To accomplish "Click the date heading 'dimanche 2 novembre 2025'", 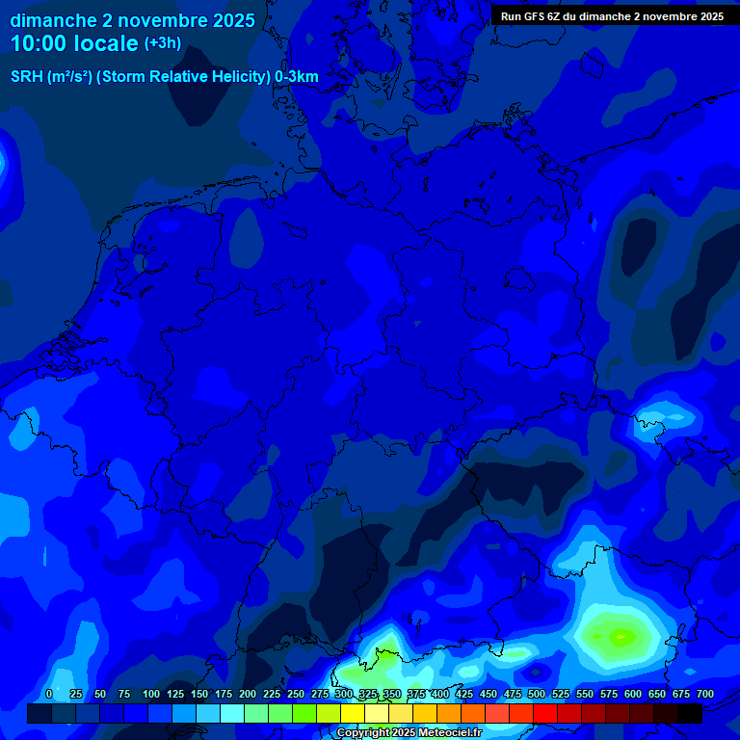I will (132, 20).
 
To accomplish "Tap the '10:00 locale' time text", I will (74, 43).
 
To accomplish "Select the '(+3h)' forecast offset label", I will (162, 43).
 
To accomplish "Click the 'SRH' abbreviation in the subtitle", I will (27, 77).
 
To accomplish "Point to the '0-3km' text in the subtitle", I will (296, 77).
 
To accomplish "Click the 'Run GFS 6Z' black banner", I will (612, 16).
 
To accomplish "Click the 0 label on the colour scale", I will (49, 695).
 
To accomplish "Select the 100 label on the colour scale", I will (151, 695).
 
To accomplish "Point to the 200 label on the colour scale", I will (248, 695).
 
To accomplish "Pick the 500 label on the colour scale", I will (537, 695).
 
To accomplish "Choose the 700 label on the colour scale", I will (705, 695).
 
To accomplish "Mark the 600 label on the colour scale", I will (633, 695).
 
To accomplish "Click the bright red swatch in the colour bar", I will (545, 714).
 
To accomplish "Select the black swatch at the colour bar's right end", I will (690, 714).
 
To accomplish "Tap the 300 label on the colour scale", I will (344, 695).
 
